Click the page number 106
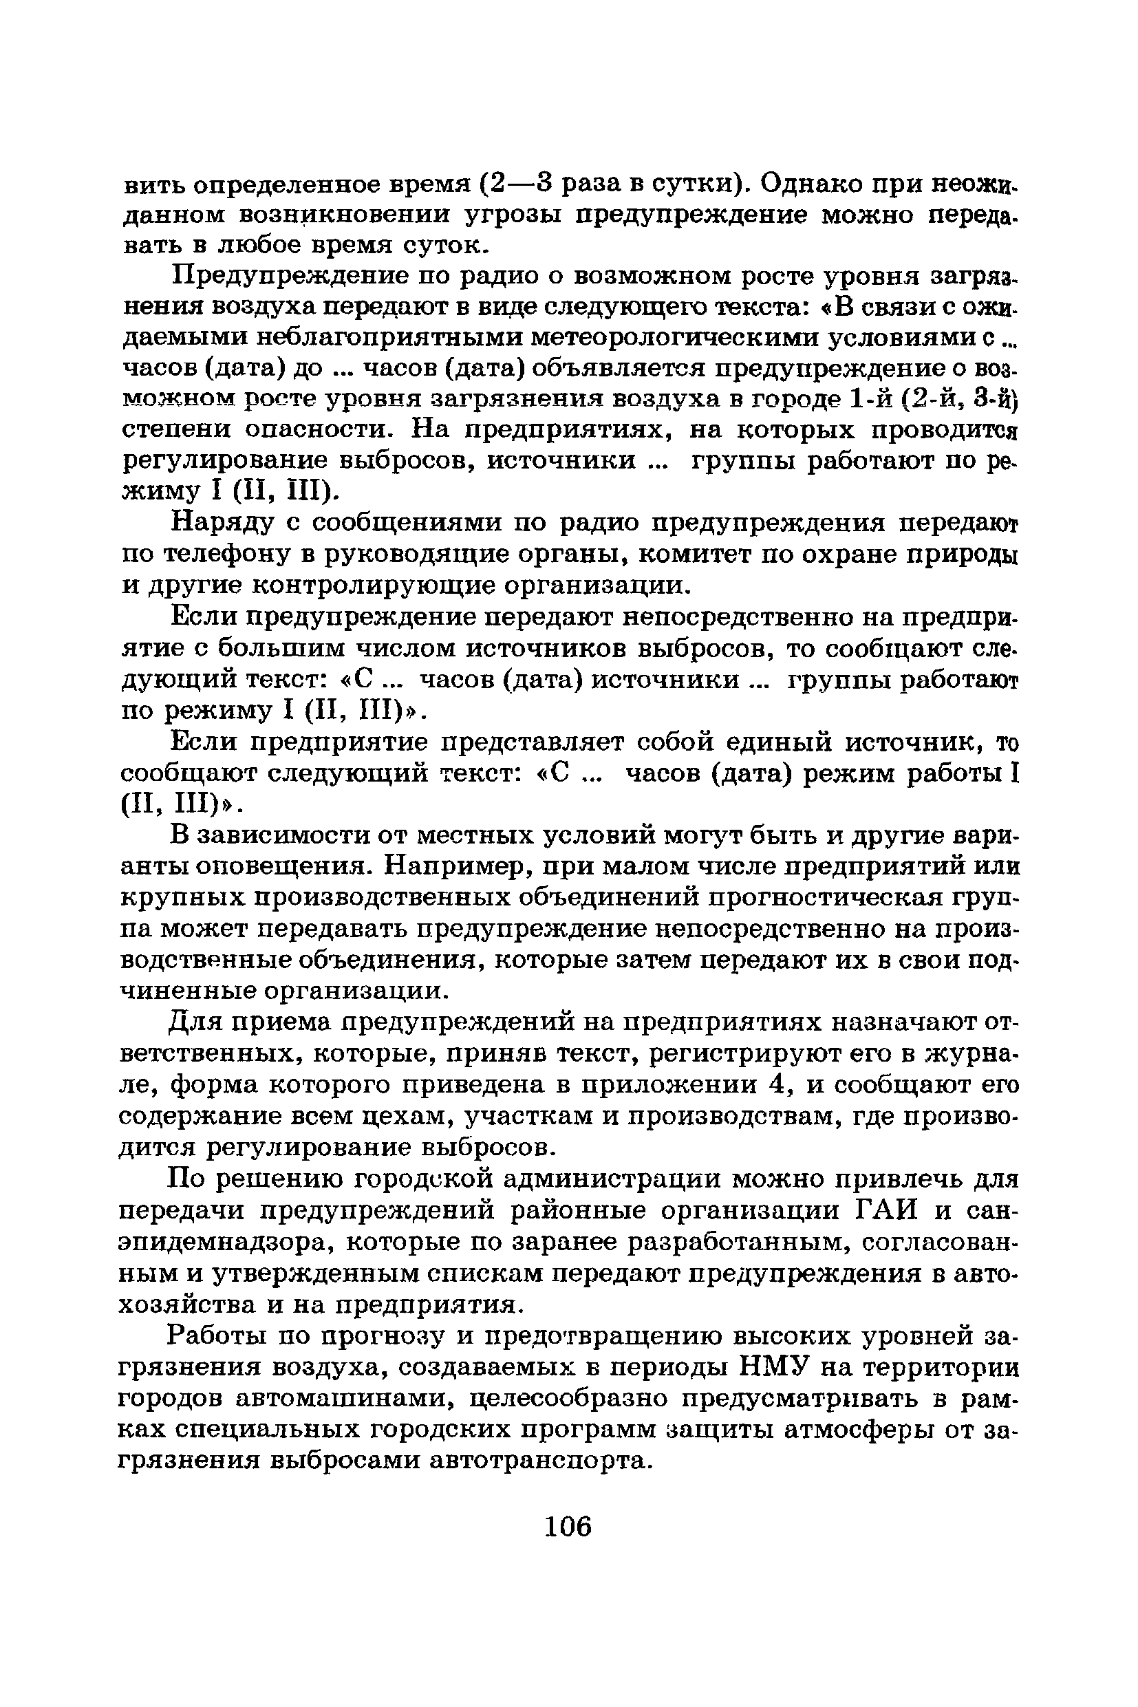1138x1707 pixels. tap(568, 1525)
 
